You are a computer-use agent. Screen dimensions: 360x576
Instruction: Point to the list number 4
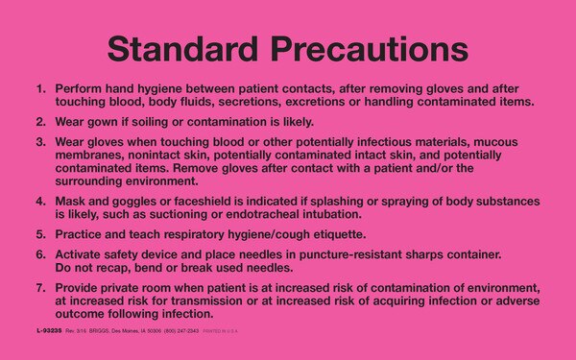pos(40,203)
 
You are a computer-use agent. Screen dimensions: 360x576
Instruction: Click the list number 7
pos(40,288)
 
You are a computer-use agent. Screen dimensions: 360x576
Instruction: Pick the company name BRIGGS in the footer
pos(108,329)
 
